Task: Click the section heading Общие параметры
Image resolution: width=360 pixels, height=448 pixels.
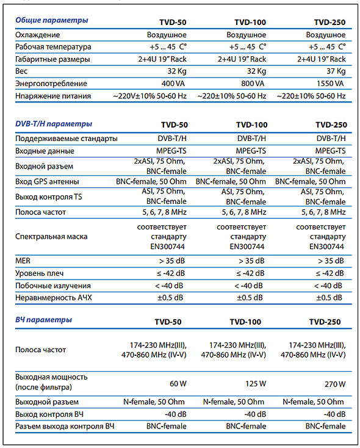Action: [x=52, y=21]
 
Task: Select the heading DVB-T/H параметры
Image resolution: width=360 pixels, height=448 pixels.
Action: [x=54, y=124]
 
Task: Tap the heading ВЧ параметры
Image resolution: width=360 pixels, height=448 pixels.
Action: [x=43, y=320]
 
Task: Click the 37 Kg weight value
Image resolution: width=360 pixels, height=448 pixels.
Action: [x=336, y=71]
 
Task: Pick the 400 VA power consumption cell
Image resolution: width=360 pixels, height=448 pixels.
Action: [x=173, y=84]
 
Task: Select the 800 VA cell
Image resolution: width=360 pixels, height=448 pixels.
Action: [x=253, y=84]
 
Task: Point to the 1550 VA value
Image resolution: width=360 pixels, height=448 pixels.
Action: [x=330, y=84]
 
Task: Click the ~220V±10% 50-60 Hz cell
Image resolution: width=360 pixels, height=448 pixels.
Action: [x=150, y=96]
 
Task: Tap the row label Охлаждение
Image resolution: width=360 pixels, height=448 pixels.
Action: [x=38, y=35]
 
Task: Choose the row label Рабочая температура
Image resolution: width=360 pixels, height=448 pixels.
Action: [x=53, y=47]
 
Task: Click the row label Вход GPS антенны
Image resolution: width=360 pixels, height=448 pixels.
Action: [x=47, y=182]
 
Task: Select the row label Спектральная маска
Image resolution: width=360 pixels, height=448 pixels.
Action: [x=51, y=237]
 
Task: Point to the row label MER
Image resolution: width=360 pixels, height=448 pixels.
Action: [x=23, y=261]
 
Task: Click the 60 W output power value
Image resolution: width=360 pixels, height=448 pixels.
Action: [x=178, y=384]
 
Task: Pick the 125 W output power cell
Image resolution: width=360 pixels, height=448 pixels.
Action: [x=256, y=384]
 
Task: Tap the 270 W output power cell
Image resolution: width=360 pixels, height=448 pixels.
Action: [x=335, y=385]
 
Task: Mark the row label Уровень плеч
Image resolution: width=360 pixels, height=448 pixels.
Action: [x=40, y=273]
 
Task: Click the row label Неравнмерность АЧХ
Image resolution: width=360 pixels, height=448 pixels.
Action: [x=54, y=298]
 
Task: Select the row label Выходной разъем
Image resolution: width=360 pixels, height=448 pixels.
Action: [x=47, y=402]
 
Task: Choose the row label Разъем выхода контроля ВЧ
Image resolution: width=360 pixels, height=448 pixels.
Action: [x=65, y=426]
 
